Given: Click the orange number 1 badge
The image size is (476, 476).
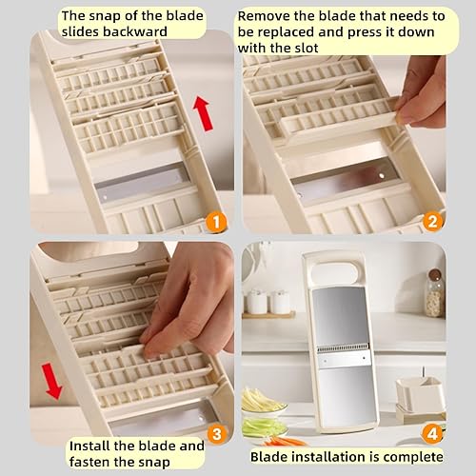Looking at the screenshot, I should click(216, 223).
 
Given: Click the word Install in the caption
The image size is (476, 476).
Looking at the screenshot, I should click(95, 445).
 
